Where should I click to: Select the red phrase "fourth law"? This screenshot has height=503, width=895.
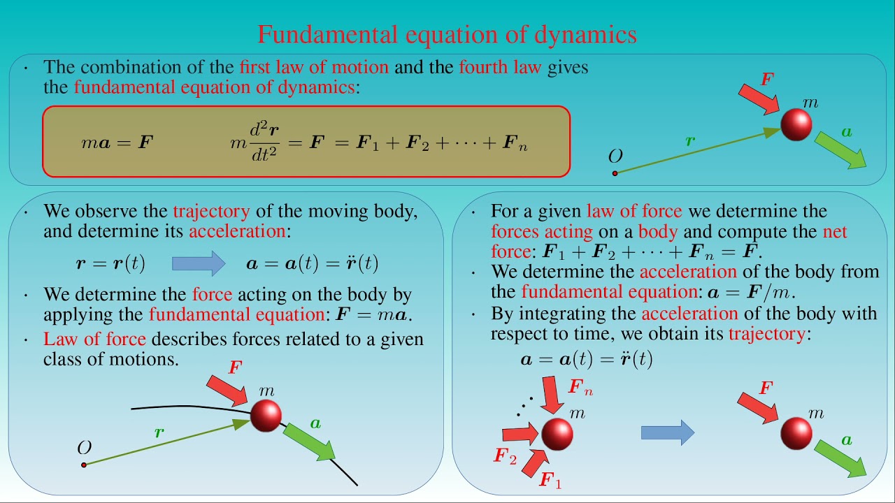coord(499,67)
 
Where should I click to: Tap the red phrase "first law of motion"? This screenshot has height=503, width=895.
coord(313,67)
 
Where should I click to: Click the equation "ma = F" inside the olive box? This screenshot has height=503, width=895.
coord(117,143)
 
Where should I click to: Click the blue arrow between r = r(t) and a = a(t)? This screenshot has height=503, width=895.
coord(198,263)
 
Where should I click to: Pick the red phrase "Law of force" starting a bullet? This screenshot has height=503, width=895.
coord(94,340)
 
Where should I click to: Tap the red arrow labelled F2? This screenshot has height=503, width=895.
coord(520,435)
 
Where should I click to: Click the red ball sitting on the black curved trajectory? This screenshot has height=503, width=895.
coord(265,415)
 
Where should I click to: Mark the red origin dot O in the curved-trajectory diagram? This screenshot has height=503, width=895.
coord(84,465)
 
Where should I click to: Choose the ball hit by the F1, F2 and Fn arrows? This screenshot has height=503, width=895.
coord(557,434)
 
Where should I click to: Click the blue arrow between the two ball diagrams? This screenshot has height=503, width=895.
coord(667,433)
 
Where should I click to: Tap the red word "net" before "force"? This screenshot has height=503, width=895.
coord(835,231)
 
